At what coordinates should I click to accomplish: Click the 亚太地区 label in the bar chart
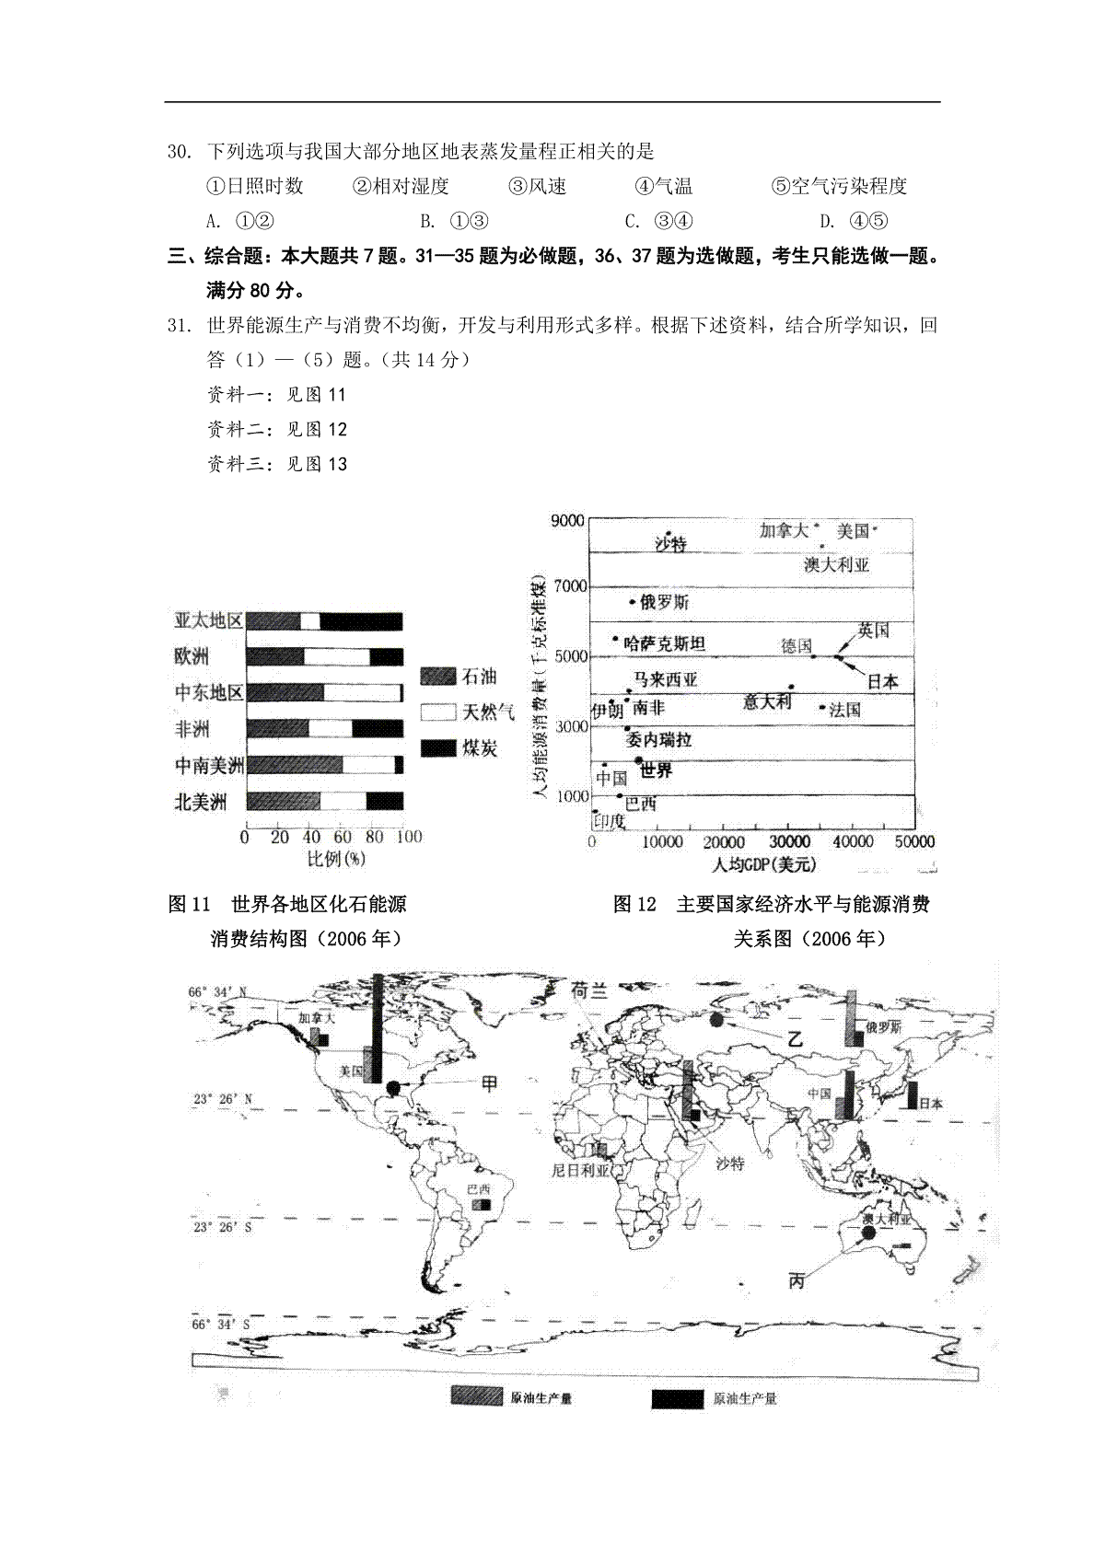click(x=208, y=621)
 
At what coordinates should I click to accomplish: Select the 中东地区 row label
click(x=208, y=693)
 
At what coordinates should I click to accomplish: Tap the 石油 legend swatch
click(x=438, y=677)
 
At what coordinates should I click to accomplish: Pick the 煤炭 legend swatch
click(x=438, y=747)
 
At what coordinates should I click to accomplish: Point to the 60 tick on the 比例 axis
click(x=342, y=837)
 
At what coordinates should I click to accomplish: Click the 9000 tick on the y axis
click(x=567, y=521)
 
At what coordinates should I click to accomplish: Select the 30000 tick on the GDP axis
click(x=789, y=842)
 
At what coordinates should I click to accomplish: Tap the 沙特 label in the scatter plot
click(x=670, y=544)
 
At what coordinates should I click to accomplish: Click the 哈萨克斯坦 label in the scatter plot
click(x=665, y=643)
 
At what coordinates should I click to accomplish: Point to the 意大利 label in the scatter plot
click(x=767, y=701)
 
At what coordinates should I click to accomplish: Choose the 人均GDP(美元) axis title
click(x=763, y=865)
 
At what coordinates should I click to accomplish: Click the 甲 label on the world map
click(x=490, y=1083)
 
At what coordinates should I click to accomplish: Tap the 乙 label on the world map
click(x=795, y=1038)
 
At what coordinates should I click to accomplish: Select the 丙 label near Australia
click(x=797, y=1279)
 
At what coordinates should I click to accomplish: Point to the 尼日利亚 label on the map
click(x=580, y=1171)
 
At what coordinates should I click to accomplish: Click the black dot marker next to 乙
click(x=716, y=1019)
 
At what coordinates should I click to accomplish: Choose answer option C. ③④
click(x=658, y=221)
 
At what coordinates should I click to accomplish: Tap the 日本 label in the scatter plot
click(x=882, y=681)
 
